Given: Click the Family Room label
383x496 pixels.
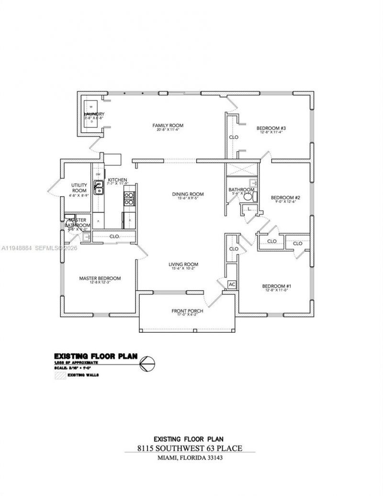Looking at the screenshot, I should click(168, 125).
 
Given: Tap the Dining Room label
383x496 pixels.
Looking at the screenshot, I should click(188, 194).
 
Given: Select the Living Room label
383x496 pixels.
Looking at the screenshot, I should click(183, 264).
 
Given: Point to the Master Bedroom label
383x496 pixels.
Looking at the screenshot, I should click(100, 278).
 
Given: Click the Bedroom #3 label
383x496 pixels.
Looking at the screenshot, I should click(271, 128).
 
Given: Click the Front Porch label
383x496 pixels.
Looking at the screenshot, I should click(187, 311).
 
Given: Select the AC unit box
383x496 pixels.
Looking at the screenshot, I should click(232, 284).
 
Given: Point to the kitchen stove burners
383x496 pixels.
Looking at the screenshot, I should click(129, 198).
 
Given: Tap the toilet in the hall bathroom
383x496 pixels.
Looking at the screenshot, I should click(248, 196).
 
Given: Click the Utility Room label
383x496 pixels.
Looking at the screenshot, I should click(79, 187).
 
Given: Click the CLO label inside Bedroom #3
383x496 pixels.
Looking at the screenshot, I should click(234, 137).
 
